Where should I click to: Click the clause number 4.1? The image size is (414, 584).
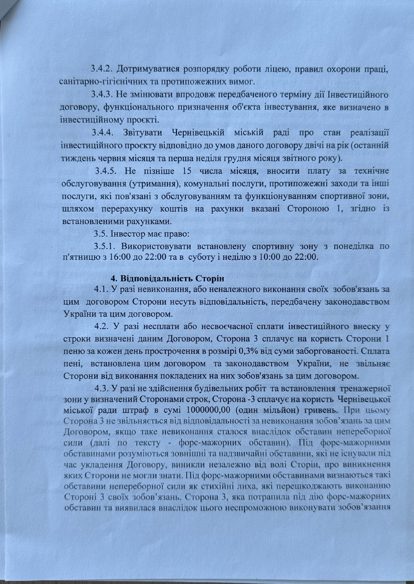101,289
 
